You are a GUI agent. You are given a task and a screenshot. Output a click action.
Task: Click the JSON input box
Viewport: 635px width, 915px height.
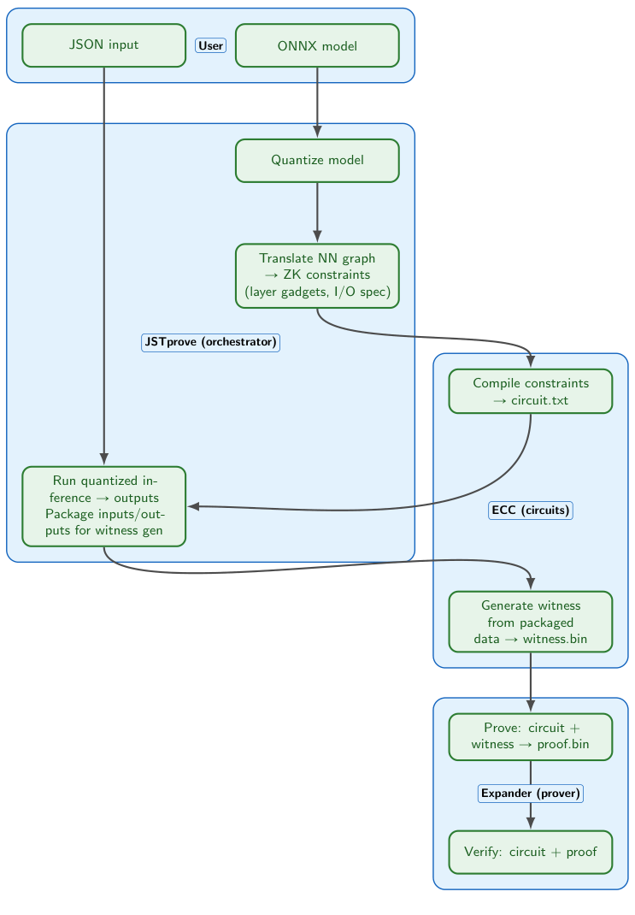click(103, 45)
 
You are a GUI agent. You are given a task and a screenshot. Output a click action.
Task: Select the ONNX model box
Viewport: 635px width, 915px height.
click(317, 45)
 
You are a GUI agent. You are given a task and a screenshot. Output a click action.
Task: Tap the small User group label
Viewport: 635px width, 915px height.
click(210, 45)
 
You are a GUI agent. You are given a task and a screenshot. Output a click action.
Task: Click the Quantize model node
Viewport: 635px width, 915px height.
click(317, 160)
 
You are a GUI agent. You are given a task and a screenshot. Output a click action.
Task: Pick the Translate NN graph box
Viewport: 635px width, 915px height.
click(317, 275)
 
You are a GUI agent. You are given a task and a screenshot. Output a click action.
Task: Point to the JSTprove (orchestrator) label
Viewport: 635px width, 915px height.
click(210, 342)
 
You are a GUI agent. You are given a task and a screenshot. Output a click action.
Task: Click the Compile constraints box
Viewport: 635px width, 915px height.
click(531, 391)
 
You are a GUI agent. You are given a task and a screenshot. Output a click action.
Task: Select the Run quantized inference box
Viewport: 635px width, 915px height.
click(103, 506)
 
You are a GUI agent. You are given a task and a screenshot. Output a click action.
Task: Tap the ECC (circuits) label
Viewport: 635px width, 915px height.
click(531, 511)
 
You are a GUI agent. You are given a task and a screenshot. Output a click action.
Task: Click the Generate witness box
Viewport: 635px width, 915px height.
click(531, 622)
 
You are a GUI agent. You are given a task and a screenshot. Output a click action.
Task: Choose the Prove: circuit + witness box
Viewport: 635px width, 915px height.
click(531, 736)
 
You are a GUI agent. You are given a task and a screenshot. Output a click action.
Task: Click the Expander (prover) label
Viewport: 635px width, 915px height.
click(531, 794)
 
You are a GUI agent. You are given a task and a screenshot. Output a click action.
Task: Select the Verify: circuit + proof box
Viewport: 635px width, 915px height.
click(531, 852)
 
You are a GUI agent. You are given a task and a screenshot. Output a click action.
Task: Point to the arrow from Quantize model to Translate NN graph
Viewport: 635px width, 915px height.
click(317, 214)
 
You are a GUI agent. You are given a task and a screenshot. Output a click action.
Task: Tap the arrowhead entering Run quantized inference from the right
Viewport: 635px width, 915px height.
click(194, 506)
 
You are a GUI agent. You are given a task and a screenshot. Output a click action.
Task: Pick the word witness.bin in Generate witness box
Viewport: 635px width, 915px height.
click(556, 639)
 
